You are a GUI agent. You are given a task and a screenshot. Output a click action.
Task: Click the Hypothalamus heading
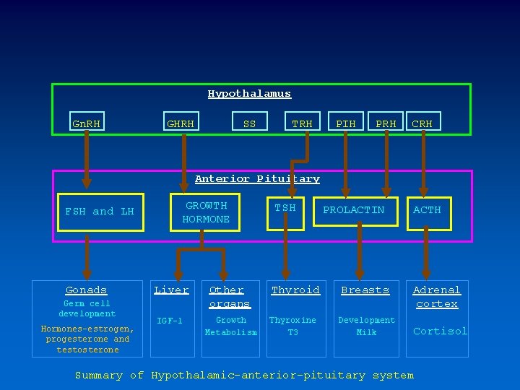249,94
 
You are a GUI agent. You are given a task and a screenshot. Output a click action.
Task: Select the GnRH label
87,123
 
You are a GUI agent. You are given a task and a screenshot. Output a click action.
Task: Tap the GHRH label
181,123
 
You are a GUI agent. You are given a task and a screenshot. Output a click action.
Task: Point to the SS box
249,123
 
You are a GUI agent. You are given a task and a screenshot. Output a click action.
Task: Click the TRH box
302,123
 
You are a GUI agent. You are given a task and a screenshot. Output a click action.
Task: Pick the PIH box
346,123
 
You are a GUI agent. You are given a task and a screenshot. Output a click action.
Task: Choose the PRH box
386,123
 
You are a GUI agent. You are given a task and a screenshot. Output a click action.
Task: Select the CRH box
422,123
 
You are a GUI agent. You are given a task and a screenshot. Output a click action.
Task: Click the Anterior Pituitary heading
257,178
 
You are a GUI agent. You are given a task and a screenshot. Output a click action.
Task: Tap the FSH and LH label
100,212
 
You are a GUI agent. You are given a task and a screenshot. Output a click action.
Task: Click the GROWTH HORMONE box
206,212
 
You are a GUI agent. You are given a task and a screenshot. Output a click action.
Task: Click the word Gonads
86,290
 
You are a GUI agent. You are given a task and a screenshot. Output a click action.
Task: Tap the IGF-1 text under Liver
170,321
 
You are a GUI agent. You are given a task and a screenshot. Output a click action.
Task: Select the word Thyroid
295,290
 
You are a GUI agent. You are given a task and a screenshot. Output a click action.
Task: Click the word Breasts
365,290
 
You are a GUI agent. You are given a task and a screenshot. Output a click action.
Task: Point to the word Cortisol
440,331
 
